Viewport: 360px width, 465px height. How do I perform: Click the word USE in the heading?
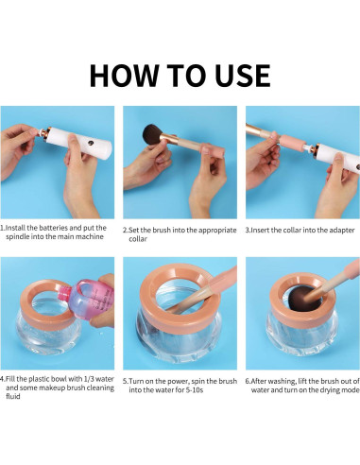(x=243, y=76)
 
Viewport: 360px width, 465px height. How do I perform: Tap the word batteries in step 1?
(x=54, y=228)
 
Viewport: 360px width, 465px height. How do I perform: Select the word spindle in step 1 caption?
(x=17, y=237)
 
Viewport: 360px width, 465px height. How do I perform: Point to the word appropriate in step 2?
(x=217, y=231)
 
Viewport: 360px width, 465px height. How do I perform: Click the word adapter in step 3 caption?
(x=342, y=231)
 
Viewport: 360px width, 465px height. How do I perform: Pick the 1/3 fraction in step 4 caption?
(x=89, y=379)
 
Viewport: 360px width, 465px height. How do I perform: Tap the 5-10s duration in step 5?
(x=195, y=390)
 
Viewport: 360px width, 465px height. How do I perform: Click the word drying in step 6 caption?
(x=329, y=390)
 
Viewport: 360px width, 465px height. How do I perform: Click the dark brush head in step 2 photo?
(x=153, y=134)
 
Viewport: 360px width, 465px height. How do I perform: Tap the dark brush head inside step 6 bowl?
(x=300, y=299)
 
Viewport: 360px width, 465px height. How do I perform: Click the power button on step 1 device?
(x=91, y=144)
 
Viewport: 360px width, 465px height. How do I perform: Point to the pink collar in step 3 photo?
(x=292, y=143)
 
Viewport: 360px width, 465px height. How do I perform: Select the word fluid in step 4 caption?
(x=13, y=396)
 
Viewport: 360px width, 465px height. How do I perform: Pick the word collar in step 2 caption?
(x=138, y=239)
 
